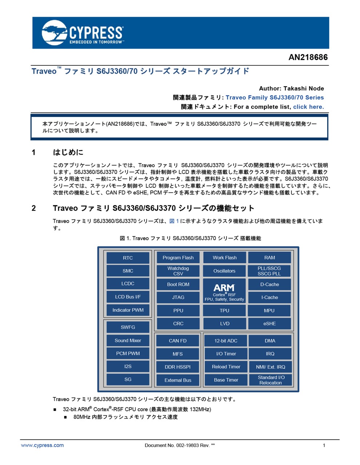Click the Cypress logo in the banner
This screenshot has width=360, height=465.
tap(83, 33)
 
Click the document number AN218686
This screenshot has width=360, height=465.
tap(308, 57)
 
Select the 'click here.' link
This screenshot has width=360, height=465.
tap(308, 107)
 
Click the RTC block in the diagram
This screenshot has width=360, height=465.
tap(128, 258)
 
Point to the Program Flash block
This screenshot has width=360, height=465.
tap(178, 258)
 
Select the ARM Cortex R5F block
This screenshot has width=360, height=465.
tap(224, 291)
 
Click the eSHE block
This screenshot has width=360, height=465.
tap(269, 323)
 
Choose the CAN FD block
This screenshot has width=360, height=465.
tap(177, 341)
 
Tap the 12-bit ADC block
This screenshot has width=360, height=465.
tap(226, 341)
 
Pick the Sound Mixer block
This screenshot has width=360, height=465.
tap(128, 340)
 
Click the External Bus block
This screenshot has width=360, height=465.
tap(177, 380)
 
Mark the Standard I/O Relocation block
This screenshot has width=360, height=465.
tap(271, 380)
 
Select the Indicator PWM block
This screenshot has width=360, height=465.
tap(128, 310)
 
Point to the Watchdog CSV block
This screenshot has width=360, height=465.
tap(178, 271)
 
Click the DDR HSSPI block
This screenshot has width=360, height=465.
tap(177, 367)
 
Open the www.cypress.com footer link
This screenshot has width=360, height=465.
tap(42, 445)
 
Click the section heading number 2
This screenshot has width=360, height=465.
tap(34, 208)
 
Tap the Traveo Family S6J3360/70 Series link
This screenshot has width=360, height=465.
tap(275, 97)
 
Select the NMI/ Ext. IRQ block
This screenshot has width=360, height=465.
tap(271, 367)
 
